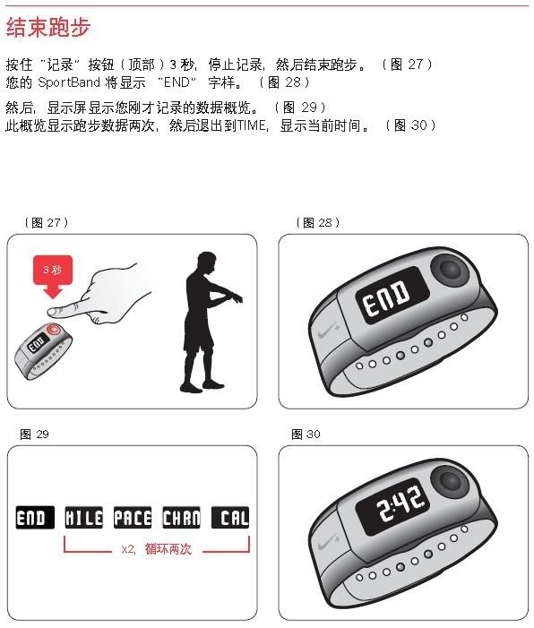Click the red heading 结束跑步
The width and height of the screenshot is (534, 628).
click(48, 27)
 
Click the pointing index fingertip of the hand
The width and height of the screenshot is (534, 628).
click(51, 311)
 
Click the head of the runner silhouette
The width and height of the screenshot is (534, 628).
click(207, 262)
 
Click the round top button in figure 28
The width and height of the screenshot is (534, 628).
click(449, 269)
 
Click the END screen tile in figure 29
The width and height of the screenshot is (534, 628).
click(35, 518)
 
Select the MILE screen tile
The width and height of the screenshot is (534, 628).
click(83, 518)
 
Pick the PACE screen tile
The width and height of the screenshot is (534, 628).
click(133, 518)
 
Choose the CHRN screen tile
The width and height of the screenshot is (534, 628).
click(182, 518)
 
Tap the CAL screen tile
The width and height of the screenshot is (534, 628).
click(230, 518)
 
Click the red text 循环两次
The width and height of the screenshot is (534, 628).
click(168, 548)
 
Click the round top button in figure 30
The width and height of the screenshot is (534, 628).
click(449, 480)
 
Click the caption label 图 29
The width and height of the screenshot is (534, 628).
click(34, 434)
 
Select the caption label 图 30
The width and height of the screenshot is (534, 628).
click(306, 434)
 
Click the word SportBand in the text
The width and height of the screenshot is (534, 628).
click(69, 82)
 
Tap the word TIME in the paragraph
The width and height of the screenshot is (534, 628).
click(252, 125)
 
